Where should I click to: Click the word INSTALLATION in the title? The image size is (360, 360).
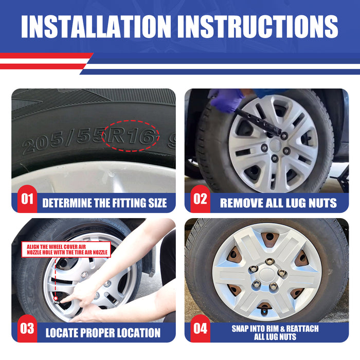click(x=96, y=26)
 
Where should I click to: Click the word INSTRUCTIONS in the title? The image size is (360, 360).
click(x=257, y=26)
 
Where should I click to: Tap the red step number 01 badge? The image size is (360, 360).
click(x=27, y=199)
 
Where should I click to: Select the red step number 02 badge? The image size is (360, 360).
click(x=200, y=199)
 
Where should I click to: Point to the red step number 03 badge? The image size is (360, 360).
click(x=27, y=328)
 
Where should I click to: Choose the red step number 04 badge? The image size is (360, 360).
click(x=200, y=328)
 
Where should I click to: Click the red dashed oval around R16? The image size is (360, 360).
click(x=131, y=120)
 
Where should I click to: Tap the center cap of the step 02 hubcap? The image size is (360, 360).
click(x=275, y=145)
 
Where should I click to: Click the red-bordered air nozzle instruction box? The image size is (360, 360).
click(x=66, y=249)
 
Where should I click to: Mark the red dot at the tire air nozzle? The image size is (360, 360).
click(x=56, y=298)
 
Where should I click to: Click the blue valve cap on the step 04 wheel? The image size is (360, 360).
click(x=264, y=312)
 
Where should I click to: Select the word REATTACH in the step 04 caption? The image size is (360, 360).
click(x=302, y=329)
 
